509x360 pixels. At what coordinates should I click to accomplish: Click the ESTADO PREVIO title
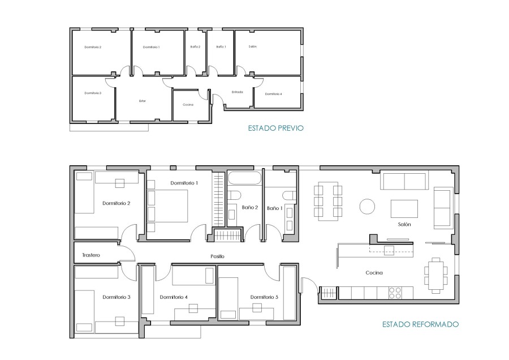point(275,128)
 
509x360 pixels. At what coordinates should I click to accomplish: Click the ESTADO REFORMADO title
point(420,324)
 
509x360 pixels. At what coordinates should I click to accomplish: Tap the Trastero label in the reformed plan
point(91,255)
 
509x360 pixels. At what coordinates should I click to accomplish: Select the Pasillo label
point(217,256)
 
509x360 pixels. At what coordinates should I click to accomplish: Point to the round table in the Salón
point(367,206)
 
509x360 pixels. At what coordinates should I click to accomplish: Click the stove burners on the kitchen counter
point(395,293)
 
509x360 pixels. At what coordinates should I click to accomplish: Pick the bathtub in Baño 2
point(244,178)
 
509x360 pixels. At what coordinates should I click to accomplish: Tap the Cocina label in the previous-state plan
point(188,105)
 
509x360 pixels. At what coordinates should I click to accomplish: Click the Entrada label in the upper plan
point(238,92)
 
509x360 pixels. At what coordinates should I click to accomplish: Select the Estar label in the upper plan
point(143,101)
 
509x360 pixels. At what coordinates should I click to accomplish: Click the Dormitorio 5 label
point(264,297)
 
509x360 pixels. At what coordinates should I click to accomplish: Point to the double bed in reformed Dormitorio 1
point(167,206)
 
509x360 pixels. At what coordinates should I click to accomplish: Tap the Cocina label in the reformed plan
point(374,273)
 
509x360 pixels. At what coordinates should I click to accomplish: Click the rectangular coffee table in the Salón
point(404,209)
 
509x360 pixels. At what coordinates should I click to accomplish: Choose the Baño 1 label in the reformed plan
point(275,208)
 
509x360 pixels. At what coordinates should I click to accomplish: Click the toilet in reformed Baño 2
point(234,195)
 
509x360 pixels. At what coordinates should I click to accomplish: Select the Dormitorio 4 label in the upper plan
point(273,94)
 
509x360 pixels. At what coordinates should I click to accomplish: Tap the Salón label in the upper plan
point(253,46)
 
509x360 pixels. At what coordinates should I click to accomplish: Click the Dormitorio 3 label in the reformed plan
point(116,297)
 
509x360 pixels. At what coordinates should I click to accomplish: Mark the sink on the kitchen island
point(389,251)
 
